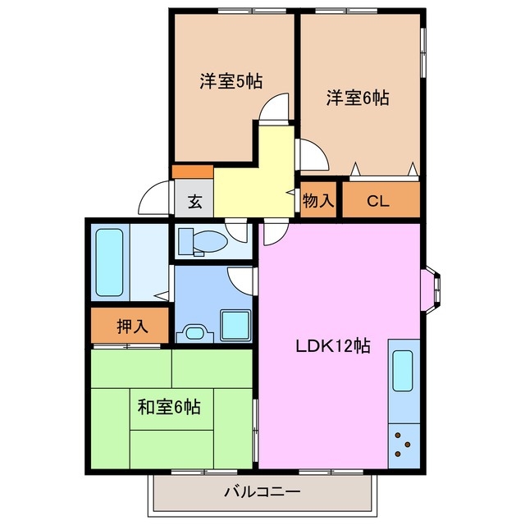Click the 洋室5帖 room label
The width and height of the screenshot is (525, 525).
(x=230, y=81)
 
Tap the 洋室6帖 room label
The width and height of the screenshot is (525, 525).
(x=357, y=98)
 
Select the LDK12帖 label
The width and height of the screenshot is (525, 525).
(x=332, y=346)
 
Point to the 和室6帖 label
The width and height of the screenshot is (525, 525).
(x=168, y=405)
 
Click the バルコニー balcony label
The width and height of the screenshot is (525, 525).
(x=262, y=493)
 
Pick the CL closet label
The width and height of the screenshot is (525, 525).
(x=378, y=199)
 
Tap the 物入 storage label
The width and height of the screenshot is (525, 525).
(x=317, y=200)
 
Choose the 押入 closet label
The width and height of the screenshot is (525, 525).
(x=130, y=326)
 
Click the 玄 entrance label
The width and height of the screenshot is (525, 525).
(x=194, y=201)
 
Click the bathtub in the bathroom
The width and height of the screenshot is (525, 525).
(x=109, y=262)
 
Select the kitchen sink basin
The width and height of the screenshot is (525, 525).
(x=403, y=371)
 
